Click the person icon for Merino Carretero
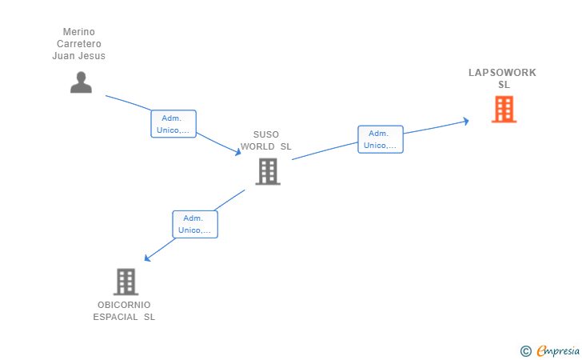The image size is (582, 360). tap(81, 82)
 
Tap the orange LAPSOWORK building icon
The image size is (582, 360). tap(504, 110)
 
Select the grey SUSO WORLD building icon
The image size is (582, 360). tap(268, 172)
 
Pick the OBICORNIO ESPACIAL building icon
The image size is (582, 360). tap(126, 282)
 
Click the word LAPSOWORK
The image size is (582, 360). tap(502, 73)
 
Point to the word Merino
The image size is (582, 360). tap(78, 31)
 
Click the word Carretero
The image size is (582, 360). tap(78, 44)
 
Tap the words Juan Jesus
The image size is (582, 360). tap(78, 56)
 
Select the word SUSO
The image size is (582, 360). tap(265, 134)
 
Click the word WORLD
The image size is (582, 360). tap(257, 146)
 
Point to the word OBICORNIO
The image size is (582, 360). tap(124, 305)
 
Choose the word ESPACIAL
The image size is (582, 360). tap(115, 318)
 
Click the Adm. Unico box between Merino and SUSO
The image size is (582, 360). tap(173, 124)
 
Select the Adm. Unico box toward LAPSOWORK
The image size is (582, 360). tap(381, 139)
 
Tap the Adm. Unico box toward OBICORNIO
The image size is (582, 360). tap(195, 224)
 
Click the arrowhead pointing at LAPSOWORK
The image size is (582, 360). tap(466, 121)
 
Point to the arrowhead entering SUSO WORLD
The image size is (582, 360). tap(237, 151)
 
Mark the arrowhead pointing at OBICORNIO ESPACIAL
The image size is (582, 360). tap(147, 258)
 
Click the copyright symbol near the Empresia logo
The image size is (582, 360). tap(525, 351)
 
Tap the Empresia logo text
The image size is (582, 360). tap(558, 350)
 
